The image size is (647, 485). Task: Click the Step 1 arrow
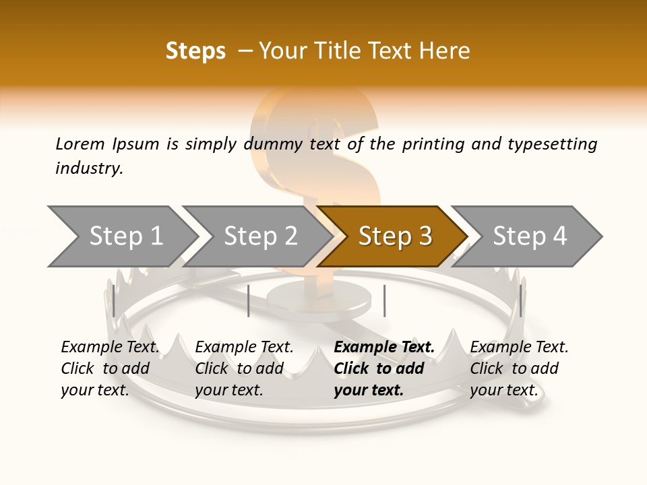125,236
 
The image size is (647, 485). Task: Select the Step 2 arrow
260,236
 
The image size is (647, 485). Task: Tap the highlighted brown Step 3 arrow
394,236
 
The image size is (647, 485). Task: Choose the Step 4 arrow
530,236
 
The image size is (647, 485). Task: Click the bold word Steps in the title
195,51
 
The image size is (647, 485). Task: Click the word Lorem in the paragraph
80,143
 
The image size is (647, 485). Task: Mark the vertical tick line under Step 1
114,301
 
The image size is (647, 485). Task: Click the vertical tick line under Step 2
249,301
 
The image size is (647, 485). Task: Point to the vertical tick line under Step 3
384,301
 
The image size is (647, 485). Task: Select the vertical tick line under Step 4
520,301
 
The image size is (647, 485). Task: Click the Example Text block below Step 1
110,368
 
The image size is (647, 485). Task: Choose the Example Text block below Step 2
244,368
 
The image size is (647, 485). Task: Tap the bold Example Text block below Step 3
384,368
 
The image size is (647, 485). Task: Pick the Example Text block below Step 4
519,368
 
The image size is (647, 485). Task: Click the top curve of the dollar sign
317,101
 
